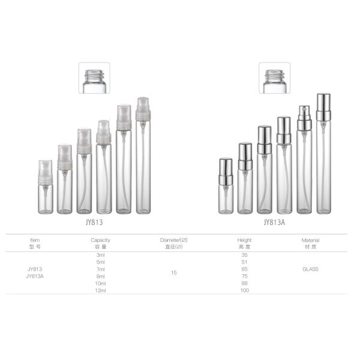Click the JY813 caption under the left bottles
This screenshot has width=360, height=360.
point(94,222)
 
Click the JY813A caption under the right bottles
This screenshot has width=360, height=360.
point(274,222)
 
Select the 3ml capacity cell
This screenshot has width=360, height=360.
point(101,255)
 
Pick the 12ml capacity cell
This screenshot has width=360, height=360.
point(101,290)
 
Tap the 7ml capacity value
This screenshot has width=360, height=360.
point(101,269)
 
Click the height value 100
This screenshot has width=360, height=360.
point(245,290)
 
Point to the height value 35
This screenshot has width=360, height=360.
point(245,255)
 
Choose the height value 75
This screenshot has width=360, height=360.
point(245,276)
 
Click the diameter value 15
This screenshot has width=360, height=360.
point(174,272)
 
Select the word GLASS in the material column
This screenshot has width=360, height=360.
point(310,269)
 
